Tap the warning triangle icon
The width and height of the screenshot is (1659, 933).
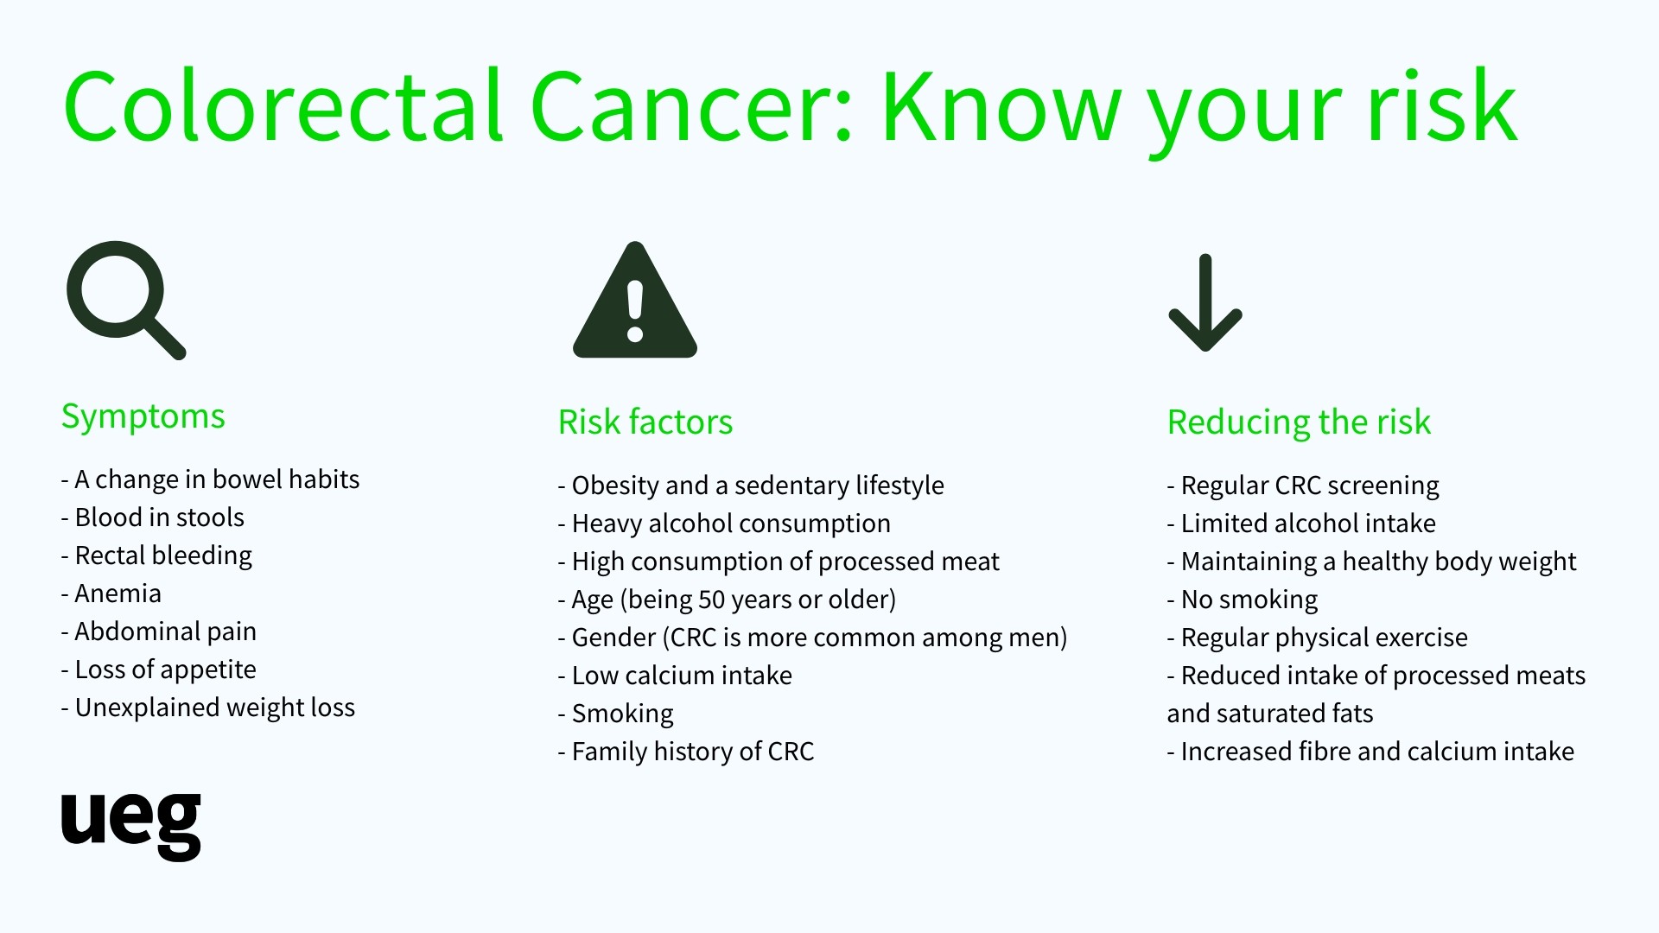(x=635, y=300)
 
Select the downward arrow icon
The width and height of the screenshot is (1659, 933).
(x=1205, y=303)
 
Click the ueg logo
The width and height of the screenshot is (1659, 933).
(x=130, y=826)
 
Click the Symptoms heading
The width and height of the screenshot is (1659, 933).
(x=143, y=417)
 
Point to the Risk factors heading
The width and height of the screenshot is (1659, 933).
(x=645, y=422)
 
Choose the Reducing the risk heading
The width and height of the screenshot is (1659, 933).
(x=1299, y=422)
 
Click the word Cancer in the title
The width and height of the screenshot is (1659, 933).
(x=692, y=106)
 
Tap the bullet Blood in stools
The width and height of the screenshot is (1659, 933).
(x=153, y=517)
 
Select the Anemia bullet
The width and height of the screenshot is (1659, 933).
(x=111, y=593)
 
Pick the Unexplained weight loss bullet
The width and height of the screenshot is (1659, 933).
(x=208, y=708)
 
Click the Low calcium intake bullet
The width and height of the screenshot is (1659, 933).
(x=675, y=676)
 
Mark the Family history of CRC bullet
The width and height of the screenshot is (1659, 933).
(x=686, y=752)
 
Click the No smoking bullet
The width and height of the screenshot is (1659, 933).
(x=1243, y=600)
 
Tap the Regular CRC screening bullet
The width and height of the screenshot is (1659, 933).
(x=1303, y=486)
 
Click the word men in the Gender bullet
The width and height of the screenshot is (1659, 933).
(x=1033, y=638)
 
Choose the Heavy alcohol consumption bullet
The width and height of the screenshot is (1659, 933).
(x=724, y=524)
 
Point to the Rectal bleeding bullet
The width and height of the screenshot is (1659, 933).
(x=156, y=555)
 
